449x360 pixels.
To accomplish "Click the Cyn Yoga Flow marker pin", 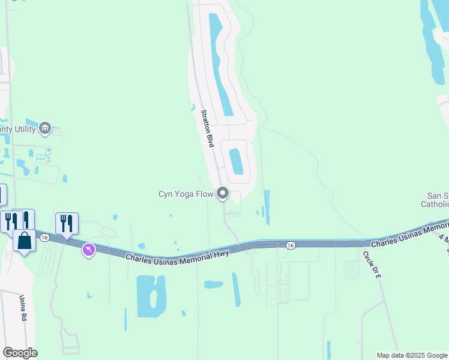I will [x=223, y=193].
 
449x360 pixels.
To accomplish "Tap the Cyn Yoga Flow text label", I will [x=186, y=194].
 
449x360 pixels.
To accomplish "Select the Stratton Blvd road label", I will [x=208, y=128].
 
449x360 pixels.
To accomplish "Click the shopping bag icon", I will [x=24, y=241].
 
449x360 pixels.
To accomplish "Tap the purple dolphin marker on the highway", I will [x=89, y=249].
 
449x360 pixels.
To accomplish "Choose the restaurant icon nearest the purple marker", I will [x=67, y=223].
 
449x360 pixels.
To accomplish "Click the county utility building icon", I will [x=45, y=128].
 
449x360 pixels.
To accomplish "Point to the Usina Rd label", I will [x=23, y=308].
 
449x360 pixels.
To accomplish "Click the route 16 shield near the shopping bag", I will [x=44, y=238].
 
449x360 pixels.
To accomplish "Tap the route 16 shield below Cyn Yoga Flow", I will [x=291, y=245].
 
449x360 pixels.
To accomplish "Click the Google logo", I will [x=20, y=353].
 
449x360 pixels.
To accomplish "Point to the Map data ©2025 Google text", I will [x=412, y=355].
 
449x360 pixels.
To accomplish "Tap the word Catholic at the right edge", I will [x=435, y=205].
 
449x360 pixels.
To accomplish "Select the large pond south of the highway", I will [x=150, y=296].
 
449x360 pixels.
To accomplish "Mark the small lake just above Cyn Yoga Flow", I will [x=235, y=160].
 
